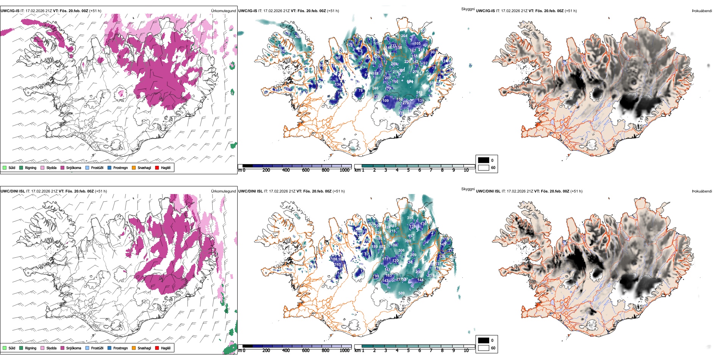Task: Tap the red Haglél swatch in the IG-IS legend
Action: coord(157,167)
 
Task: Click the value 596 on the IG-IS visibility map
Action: coord(375,88)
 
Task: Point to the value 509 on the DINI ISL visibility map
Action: coord(401,293)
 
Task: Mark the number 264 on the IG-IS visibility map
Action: coord(404,36)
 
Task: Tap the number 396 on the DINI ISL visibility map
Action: coord(410,218)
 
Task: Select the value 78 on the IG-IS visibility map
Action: coord(360,91)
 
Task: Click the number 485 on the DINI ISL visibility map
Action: coord(393,226)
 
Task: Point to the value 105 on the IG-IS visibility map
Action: coord(417,43)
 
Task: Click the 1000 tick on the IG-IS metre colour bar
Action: coord(344,170)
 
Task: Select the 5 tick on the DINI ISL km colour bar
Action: coord(409,351)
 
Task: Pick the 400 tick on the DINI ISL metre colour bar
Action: coord(286,351)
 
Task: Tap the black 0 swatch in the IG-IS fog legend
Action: coord(484,160)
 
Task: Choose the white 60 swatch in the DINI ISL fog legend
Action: coord(484,348)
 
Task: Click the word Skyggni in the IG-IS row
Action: coord(468,9)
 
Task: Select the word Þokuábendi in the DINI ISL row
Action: coord(702,191)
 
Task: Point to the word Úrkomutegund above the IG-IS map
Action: coord(223,11)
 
